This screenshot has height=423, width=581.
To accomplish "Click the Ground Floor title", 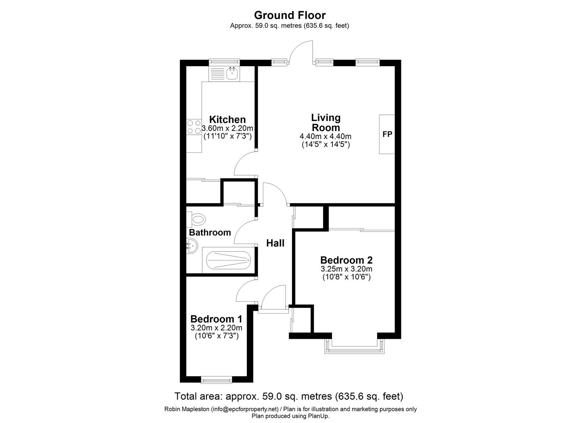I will click(x=290, y=15).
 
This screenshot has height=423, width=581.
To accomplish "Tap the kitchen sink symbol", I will click(x=232, y=73).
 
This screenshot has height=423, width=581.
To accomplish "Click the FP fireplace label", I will click(x=387, y=134).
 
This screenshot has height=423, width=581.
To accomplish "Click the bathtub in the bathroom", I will click(x=228, y=259).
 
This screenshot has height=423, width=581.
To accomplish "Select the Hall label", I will click(x=275, y=243).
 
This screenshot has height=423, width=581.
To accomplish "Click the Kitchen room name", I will click(x=227, y=119).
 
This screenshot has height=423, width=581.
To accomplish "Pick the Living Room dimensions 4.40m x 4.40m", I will click(x=325, y=136).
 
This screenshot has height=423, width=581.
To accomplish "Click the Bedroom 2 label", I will click(x=346, y=260).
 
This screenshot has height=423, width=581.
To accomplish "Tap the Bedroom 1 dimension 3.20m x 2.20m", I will click(x=216, y=328).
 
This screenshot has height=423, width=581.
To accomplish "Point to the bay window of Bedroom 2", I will click(x=354, y=347).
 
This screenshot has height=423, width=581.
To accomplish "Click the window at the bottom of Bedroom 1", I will click(x=216, y=379).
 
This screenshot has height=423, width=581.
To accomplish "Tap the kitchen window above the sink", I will click(x=224, y=61).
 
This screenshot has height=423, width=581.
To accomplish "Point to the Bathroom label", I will click(x=210, y=233).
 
